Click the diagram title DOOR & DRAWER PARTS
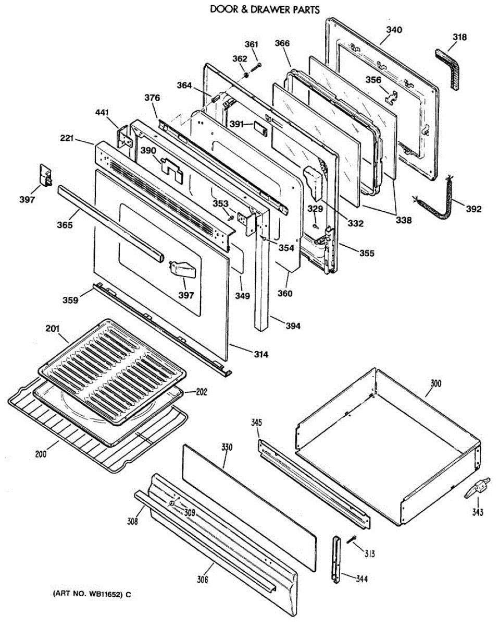click(265, 9)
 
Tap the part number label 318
click(459, 38)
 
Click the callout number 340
click(394, 30)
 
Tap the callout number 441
click(103, 112)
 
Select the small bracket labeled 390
click(172, 168)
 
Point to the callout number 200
click(41, 454)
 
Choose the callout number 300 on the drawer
click(435, 384)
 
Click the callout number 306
click(202, 579)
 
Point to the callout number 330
click(227, 448)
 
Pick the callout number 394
click(293, 326)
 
